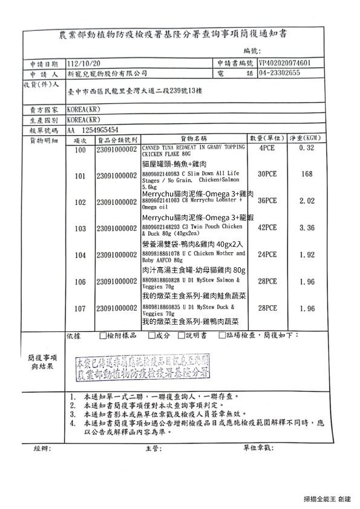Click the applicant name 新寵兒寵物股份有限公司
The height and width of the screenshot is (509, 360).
(x=108, y=73)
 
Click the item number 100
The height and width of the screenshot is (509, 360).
(x=79, y=149)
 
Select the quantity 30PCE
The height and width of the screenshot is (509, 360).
(x=267, y=174)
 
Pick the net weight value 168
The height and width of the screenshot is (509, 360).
(x=307, y=174)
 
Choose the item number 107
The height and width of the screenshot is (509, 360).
(x=79, y=308)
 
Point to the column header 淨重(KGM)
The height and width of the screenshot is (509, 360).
(x=308, y=138)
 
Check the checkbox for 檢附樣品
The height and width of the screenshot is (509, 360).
(x=102, y=335)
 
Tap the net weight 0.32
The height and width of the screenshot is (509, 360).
(x=307, y=149)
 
